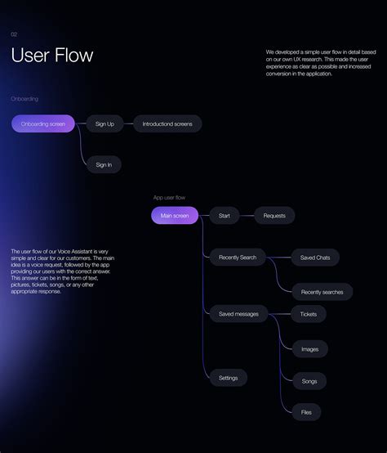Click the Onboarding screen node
43,123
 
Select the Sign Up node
105,123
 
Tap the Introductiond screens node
167,123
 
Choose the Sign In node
104,164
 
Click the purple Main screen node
175,216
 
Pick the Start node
225,216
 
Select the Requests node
274,216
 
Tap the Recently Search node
238,258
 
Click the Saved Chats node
315,258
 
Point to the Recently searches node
322,292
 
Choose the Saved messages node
238,314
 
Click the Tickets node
309,314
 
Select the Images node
310,349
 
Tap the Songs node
309,381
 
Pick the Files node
306,412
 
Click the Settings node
228,378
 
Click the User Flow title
52,56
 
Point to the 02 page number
14,34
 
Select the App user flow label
169,197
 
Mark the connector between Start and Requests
247,216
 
